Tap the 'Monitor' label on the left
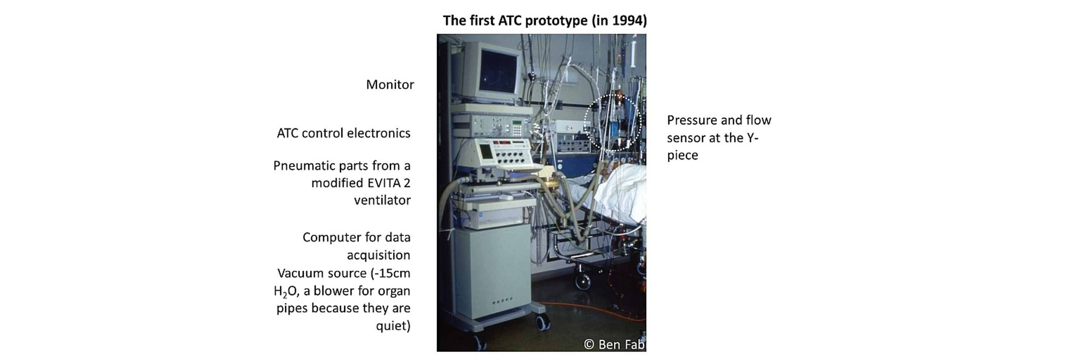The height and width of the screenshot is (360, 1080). click(x=390, y=85)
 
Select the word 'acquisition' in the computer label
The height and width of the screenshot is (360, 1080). click(x=379, y=255)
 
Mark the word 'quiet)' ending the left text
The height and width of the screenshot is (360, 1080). click(x=393, y=326)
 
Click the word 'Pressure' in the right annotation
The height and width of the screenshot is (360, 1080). click(x=693, y=120)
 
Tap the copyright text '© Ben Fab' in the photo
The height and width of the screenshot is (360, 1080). click(x=615, y=345)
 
